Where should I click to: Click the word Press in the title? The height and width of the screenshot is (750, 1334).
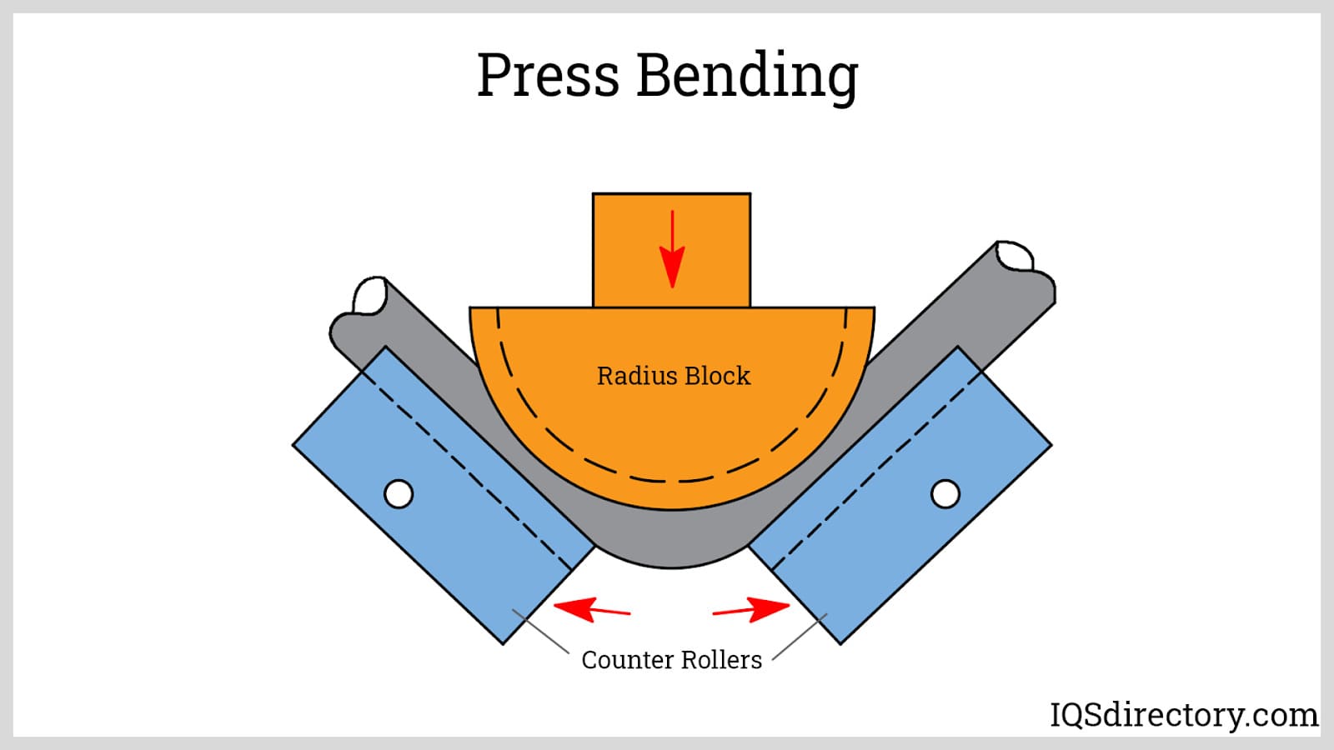548,75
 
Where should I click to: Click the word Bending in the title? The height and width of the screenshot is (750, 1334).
747,77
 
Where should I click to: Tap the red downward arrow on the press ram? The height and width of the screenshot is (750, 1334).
672,249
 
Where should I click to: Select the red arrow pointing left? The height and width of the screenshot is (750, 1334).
591,609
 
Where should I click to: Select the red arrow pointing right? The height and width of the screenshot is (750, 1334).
751,609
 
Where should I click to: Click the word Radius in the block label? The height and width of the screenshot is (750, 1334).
632,376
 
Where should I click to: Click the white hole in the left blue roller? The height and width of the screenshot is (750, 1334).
399,494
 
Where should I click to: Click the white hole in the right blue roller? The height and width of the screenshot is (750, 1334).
945,494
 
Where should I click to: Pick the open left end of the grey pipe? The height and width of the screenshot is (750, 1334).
370,296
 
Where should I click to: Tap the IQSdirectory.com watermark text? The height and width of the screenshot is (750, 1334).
1183,715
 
